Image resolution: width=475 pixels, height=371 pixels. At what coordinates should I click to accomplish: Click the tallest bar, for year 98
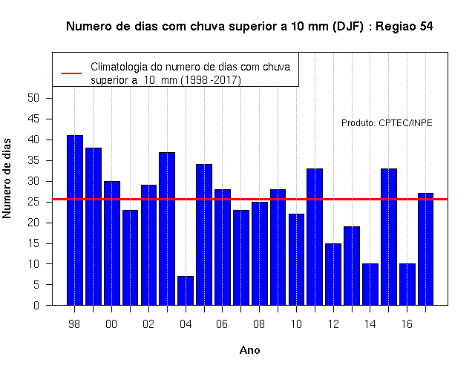(75, 220)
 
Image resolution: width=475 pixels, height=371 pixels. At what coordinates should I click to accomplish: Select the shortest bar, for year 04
(186, 291)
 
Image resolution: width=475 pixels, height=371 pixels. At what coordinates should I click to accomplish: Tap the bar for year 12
(333, 275)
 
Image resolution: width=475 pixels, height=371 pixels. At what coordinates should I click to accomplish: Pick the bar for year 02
(148, 245)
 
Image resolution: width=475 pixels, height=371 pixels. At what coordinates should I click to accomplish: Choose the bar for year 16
(407, 284)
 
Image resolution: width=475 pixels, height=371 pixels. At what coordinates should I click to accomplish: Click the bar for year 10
(296, 260)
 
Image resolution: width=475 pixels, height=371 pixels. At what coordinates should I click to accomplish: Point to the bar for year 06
(223, 247)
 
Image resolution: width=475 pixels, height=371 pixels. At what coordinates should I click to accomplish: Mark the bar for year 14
(370, 284)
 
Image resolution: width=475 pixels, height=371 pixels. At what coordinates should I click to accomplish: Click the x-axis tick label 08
(259, 324)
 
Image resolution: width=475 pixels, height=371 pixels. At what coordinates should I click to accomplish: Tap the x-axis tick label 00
(111, 324)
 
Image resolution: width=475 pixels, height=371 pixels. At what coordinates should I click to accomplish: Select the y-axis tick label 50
(33, 98)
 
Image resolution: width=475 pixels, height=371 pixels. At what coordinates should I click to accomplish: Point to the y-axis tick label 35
(33, 160)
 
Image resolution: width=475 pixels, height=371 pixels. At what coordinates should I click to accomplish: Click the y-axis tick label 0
(36, 305)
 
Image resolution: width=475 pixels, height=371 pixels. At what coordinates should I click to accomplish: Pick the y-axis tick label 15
(33, 243)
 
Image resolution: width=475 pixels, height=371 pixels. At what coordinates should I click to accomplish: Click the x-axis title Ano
(249, 350)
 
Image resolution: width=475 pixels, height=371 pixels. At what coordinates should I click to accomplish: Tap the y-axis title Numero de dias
(7, 179)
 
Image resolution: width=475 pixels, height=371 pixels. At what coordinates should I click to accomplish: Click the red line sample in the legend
(71, 73)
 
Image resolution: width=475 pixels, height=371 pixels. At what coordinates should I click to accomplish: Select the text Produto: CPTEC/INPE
(387, 123)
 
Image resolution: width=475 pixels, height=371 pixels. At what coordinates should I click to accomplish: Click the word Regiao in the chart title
(396, 27)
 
